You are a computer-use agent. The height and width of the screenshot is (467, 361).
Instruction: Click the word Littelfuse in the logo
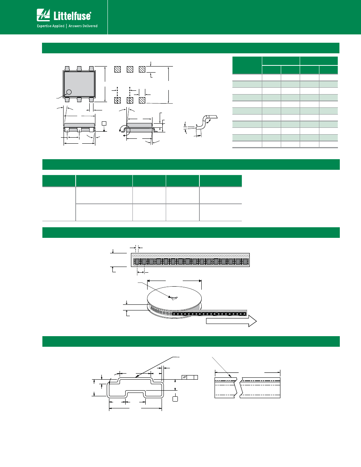point(72,16)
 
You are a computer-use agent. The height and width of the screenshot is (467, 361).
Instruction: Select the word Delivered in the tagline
point(89,26)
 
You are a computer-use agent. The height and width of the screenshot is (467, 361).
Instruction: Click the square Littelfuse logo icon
point(43,15)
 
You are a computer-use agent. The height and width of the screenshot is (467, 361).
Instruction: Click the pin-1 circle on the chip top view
point(69,92)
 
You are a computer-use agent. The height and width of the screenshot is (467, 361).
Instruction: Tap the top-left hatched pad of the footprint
point(117,70)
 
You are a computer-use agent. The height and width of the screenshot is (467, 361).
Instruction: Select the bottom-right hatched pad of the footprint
point(142,100)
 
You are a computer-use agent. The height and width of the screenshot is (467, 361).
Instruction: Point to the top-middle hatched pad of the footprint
point(130,70)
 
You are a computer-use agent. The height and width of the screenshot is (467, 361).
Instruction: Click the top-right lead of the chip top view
point(91,68)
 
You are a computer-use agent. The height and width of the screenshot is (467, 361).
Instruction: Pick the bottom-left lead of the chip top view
point(67,100)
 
